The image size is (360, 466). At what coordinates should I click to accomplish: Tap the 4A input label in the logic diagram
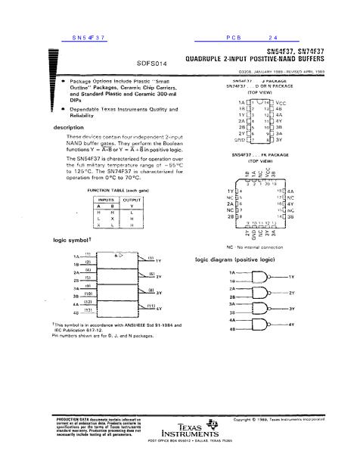point(232,319)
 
